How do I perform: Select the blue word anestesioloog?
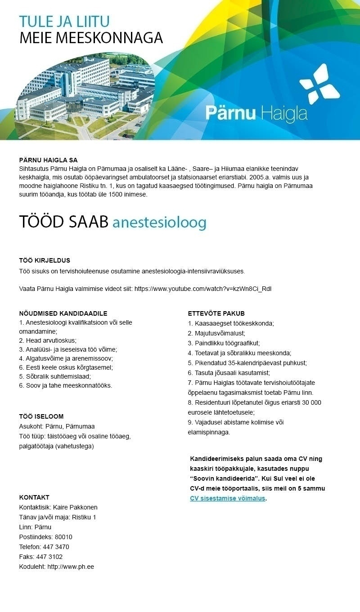[x=159, y=222]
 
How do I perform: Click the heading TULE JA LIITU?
[x=64, y=22]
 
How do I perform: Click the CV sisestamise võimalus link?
[x=227, y=498]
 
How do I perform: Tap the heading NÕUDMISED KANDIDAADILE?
[x=63, y=313]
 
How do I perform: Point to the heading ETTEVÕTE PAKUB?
[x=216, y=313]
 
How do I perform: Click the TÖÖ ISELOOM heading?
[x=41, y=416]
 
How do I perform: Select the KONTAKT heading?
[x=34, y=497]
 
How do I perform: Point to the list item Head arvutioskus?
[x=51, y=340]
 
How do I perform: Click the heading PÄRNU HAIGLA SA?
[x=48, y=160]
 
